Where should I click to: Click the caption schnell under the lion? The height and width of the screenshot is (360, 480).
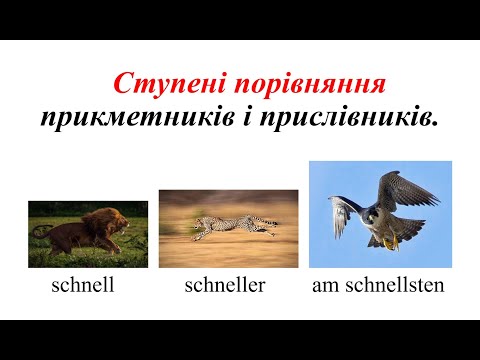[x=83, y=286]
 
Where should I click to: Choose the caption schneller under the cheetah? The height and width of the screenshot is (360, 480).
[x=225, y=286]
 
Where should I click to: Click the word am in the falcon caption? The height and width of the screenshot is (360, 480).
[x=325, y=287]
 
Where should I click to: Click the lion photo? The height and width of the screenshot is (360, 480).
[x=87, y=233]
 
